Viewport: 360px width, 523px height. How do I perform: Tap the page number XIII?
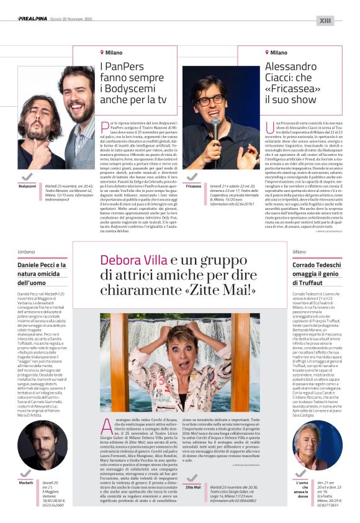[x=325, y=20]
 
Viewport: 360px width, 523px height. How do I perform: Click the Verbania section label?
[x=26, y=252]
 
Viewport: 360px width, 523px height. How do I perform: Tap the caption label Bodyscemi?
[x=27, y=186]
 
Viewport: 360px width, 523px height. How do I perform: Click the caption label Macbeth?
[x=26, y=482]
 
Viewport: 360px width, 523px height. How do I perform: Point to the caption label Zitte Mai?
[x=193, y=487]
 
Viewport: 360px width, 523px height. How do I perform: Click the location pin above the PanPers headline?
[x=102, y=52]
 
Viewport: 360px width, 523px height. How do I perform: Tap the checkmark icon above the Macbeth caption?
[x=27, y=474]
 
